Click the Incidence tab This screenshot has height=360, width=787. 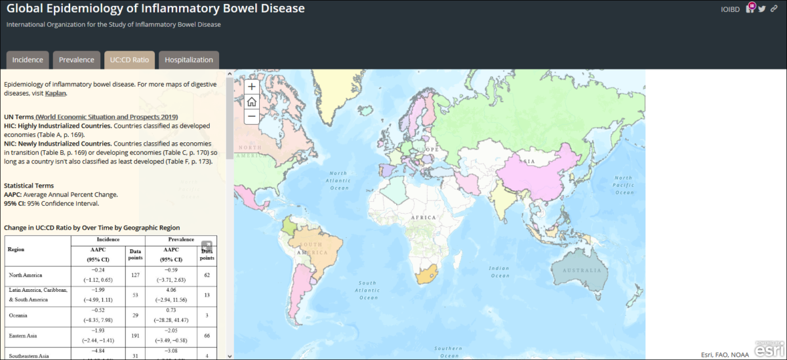(x=28, y=60)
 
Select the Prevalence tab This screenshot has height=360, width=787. (x=77, y=60)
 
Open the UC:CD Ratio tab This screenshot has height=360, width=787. (x=129, y=60)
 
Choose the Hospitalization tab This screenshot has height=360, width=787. (x=189, y=60)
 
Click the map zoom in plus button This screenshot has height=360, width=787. (x=252, y=87)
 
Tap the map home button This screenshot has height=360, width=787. (x=252, y=102)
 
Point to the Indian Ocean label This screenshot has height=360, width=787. (x=498, y=271)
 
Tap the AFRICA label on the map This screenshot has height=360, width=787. (x=423, y=217)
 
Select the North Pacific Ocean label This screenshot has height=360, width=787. (x=623, y=185)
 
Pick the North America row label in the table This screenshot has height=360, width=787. (x=25, y=275)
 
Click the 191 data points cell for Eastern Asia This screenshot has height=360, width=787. (x=135, y=336)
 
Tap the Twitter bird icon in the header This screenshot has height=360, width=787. (x=761, y=9)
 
